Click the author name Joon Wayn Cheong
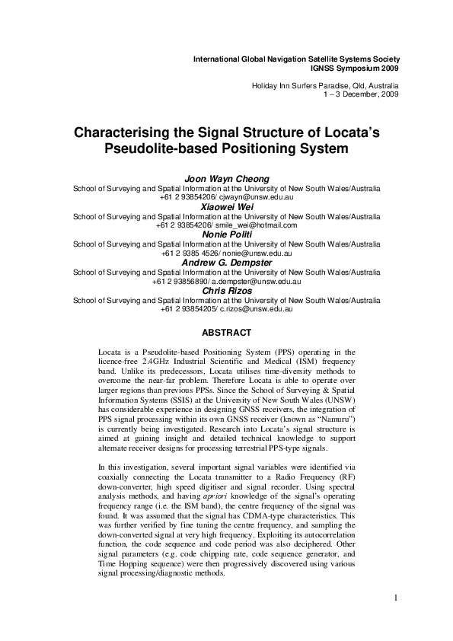point(226,180)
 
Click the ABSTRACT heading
point(226,333)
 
